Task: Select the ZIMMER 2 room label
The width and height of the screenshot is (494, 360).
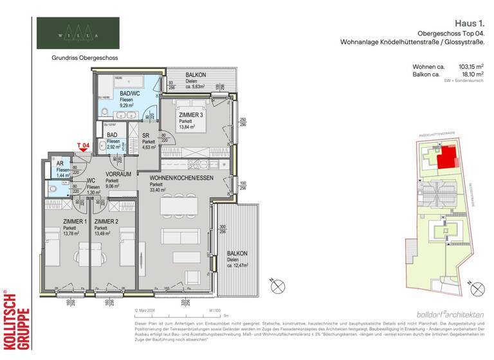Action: (107, 221)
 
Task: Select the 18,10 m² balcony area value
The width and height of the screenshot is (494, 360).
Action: (472, 75)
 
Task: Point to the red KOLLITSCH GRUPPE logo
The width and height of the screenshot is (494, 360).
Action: (16, 320)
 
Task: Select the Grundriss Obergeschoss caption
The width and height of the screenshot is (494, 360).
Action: (85, 57)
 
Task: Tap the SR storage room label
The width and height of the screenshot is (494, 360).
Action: (145, 135)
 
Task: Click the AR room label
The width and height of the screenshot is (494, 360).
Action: (60, 163)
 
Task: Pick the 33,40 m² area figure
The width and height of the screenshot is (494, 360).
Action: (158, 190)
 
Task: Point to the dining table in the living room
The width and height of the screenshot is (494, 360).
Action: (180, 204)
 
